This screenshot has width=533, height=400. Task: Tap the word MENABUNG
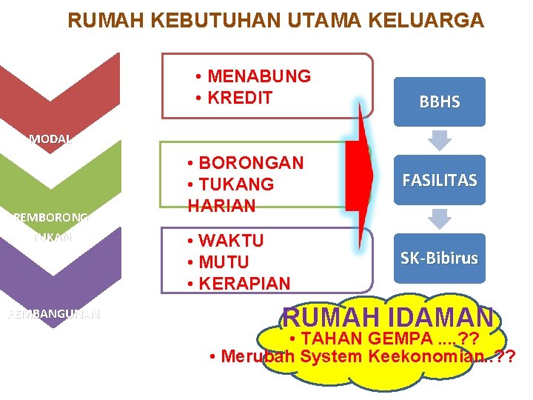(259, 76)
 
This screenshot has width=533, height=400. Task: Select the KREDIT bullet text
(241, 98)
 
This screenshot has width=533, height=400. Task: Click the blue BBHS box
(440, 102)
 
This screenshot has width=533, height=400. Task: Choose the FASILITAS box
(440, 180)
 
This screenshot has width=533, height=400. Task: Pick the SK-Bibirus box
(440, 259)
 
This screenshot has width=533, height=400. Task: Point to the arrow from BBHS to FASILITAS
(440, 140)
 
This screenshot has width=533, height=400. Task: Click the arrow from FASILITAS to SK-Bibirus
(440, 219)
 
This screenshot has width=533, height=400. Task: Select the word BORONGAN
(251, 162)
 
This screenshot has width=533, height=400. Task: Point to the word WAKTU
(231, 241)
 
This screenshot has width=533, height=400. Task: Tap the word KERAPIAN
(244, 284)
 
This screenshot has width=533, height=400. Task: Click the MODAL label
(50, 139)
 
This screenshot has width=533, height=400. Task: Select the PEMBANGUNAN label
(53, 314)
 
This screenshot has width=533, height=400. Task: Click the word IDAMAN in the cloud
(441, 318)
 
